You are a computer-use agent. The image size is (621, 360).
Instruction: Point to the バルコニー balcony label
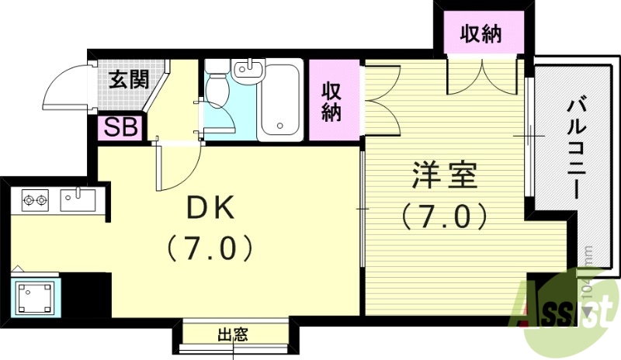pos(575,147)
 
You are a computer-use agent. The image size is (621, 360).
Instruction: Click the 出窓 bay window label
pos(232,335)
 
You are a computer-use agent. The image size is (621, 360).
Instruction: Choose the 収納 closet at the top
pos(481,34)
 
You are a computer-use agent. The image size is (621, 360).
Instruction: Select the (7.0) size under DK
pos(209,248)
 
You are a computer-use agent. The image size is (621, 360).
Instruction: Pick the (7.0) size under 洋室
pos(443,215)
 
